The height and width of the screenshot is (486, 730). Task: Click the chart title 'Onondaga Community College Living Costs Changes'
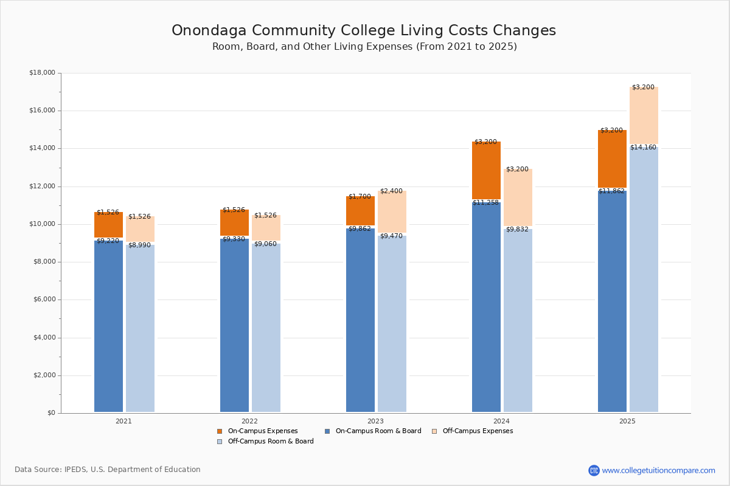pyautogui.click(x=364, y=31)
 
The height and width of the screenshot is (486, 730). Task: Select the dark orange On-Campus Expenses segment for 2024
pyautogui.click(x=486, y=170)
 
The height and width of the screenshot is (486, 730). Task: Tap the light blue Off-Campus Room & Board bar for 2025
pyautogui.click(x=644, y=279)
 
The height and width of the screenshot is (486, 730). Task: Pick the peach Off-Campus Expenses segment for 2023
pyautogui.click(x=392, y=211)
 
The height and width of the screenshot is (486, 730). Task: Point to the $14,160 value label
pyautogui.click(x=643, y=148)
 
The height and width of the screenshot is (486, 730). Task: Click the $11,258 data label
pyautogui.click(x=485, y=203)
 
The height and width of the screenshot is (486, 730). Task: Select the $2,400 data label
pyautogui.click(x=391, y=191)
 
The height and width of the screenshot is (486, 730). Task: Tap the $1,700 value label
pyautogui.click(x=360, y=197)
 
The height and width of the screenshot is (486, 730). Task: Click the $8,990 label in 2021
pyautogui.click(x=139, y=245)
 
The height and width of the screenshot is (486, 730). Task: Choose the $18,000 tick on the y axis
pyautogui.click(x=42, y=73)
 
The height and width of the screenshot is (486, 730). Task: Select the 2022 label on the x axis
pyautogui.click(x=249, y=421)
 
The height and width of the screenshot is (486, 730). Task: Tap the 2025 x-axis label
pyautogui.click(x=627, y=421)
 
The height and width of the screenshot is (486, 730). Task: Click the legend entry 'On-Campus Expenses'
pyautogui.click(x=262, y=431)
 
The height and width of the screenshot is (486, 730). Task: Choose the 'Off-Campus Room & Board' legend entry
pyautogui.click(x=270, y=442)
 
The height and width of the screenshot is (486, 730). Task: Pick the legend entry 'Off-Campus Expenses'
pyautogui.click(x=477, y=431)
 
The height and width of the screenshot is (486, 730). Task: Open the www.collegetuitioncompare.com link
pyautogui.click(x=658, y=470)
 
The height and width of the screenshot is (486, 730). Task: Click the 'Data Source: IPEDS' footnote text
pyautogui.click(x=108, y=470)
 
